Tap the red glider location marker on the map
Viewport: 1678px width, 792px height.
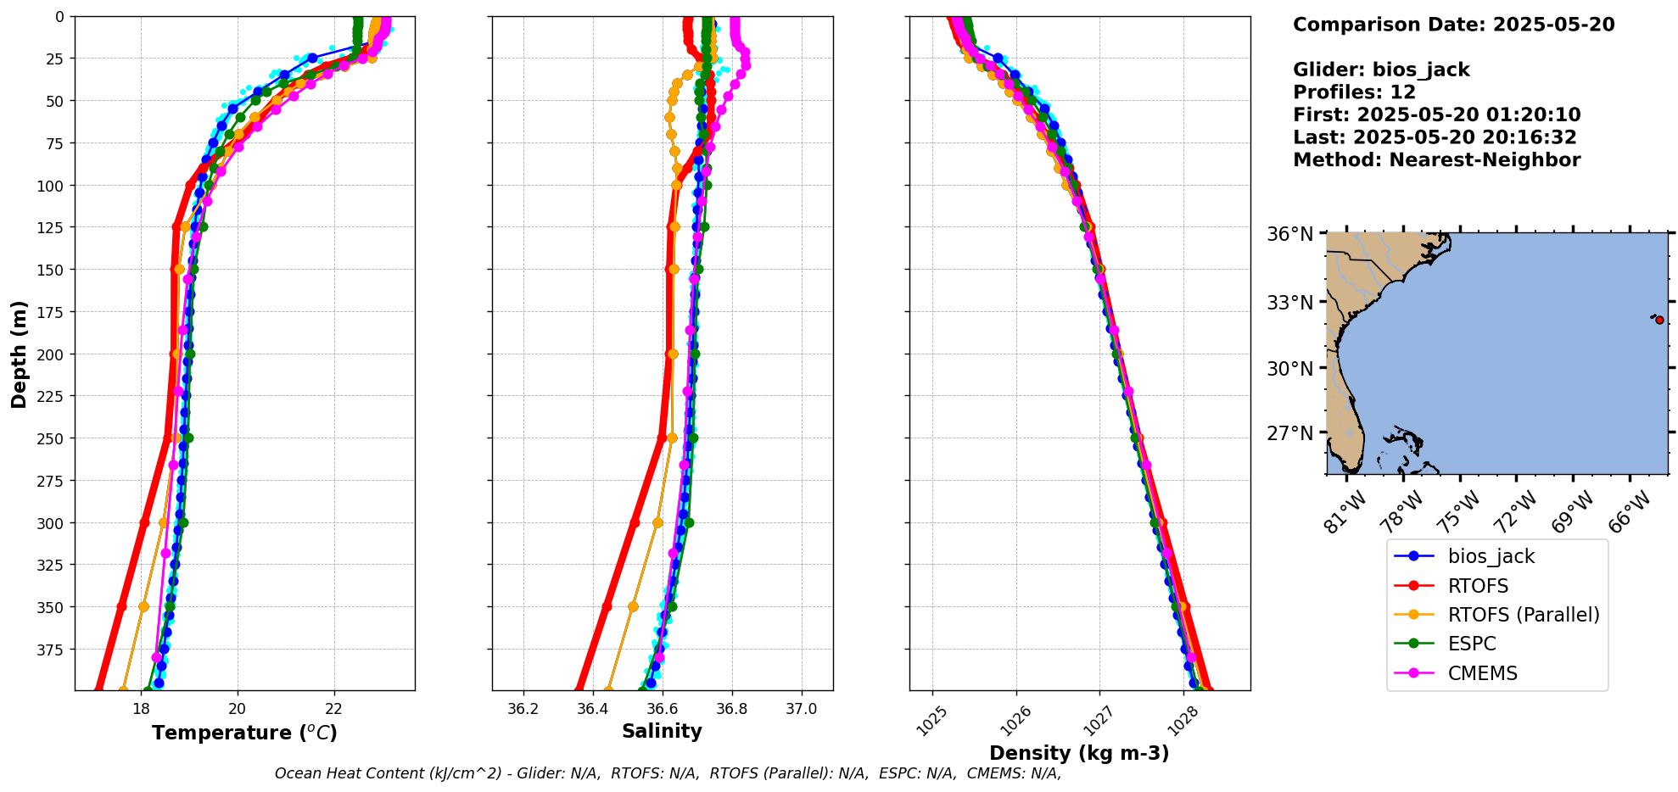[x=1659, y=320]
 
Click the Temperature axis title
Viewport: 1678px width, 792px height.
[x=244, y=733]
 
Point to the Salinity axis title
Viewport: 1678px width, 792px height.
[x=662, y=731]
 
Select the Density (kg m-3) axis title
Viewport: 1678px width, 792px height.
[x=1079, y=753]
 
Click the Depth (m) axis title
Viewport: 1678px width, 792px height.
[x=19, y=354]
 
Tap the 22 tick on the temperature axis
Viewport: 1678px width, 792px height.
[x=334, y=709]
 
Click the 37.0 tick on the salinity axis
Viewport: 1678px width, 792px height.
[x=802, y=709]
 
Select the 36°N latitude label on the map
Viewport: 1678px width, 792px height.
[x=1289, y=234]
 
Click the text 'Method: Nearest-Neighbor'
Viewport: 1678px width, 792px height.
[x=1436, y=160]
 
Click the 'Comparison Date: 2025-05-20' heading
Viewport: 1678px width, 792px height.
[x=1453, y=25]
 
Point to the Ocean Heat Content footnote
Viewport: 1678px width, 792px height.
[x=668, y=773]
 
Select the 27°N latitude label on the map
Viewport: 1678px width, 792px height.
[x=1289, y=433]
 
